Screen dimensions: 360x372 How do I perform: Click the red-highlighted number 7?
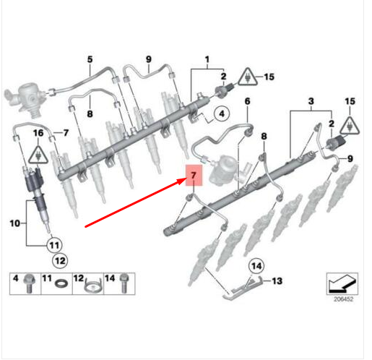(193, 176)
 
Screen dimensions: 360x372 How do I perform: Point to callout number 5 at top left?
(90, 59)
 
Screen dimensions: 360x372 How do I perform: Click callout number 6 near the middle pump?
(246, 101)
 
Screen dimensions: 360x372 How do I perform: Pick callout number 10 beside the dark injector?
(12, 224)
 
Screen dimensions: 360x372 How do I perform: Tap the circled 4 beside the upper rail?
(220, 113)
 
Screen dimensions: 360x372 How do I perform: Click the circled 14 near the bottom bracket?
(255, 265)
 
